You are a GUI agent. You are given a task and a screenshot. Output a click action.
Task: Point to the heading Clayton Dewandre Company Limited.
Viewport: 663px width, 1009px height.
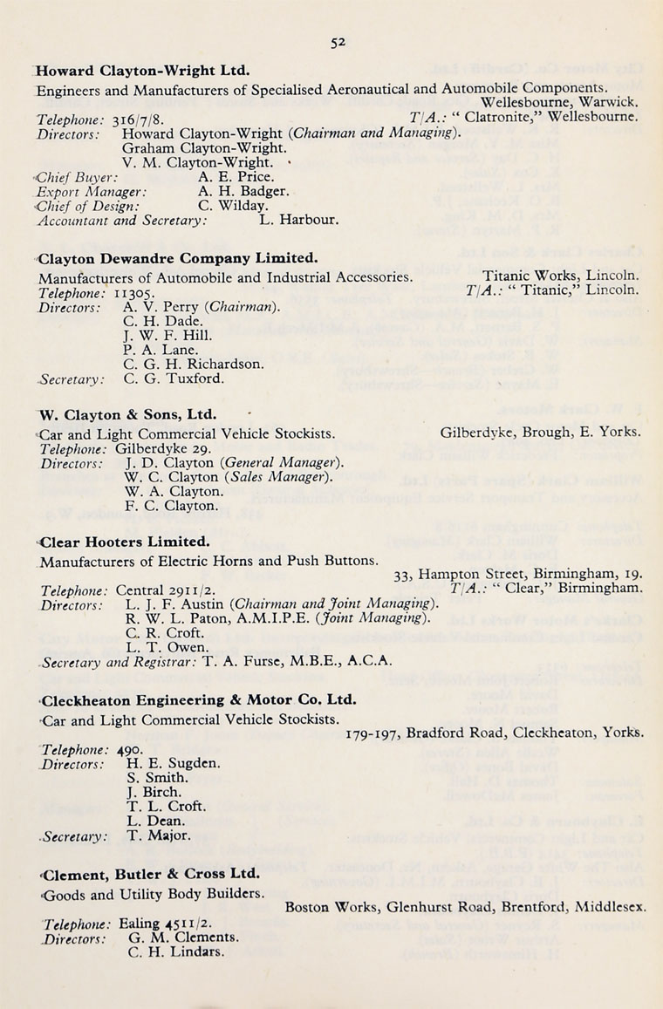click(177, 258)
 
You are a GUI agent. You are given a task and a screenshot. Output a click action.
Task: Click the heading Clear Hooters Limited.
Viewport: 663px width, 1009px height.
click(124, 542)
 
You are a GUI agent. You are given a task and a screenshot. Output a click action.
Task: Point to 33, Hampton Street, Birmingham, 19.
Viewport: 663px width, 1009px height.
click(518, 574)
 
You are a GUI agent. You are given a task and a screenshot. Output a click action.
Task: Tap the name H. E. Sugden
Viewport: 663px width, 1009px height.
click(173, 763)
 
